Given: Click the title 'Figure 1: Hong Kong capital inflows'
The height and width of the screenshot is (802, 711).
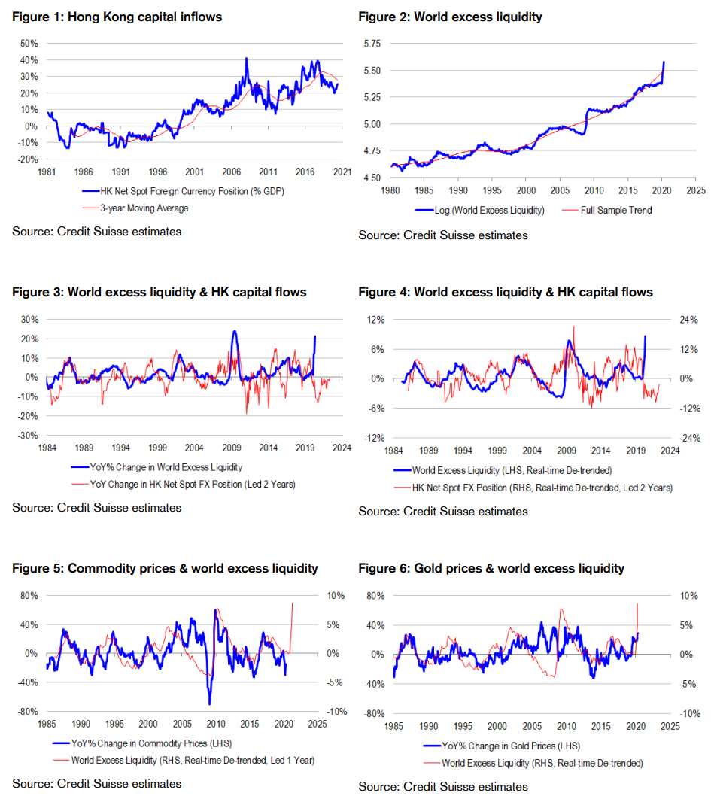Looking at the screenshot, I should [117, 17].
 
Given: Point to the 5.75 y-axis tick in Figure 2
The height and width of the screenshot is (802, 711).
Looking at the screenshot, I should [371, 44].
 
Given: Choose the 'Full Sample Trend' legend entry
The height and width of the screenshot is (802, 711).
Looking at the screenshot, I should [616, 210].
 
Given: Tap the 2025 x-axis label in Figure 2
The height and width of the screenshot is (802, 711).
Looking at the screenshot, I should [695, 190].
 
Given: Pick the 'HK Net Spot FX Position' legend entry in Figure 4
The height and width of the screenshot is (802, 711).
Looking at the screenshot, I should [542, 488].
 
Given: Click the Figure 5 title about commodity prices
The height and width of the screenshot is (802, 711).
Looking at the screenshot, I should [165, 568].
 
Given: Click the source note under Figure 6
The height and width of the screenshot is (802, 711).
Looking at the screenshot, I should [443, 787].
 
